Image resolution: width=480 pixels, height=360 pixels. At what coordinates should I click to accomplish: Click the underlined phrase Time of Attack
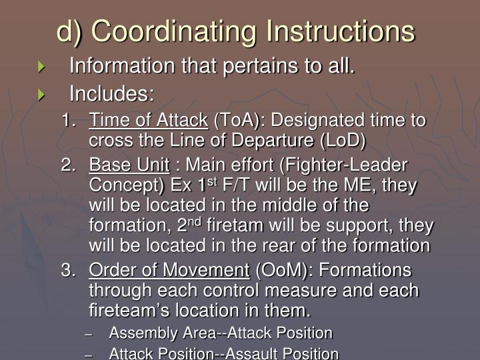(149, 121)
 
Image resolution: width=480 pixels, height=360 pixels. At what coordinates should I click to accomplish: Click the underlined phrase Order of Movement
(169, 271)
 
